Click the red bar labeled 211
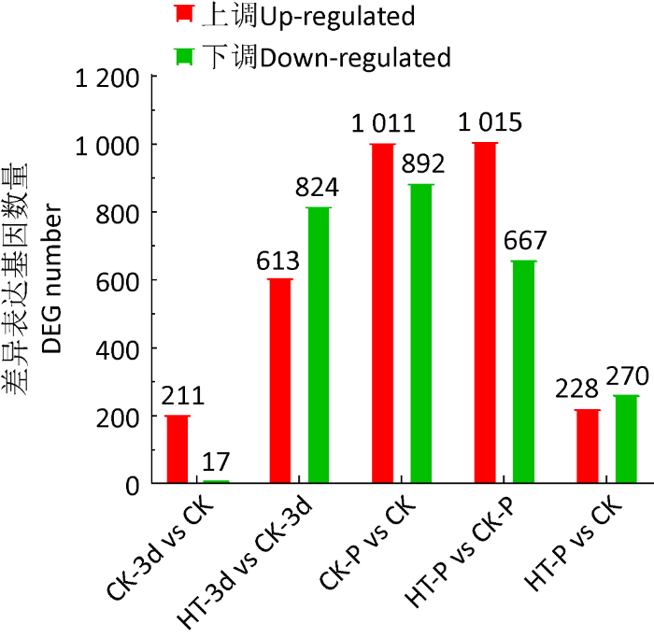(178, 449)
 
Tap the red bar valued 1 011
(382, 314)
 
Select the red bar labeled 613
(280, 381)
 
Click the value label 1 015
(490, 123)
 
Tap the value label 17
(216, 462)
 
